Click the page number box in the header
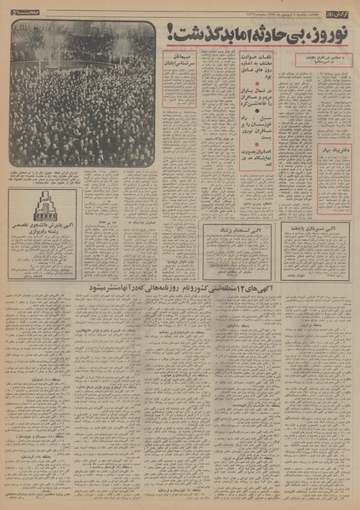coord(19,8)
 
